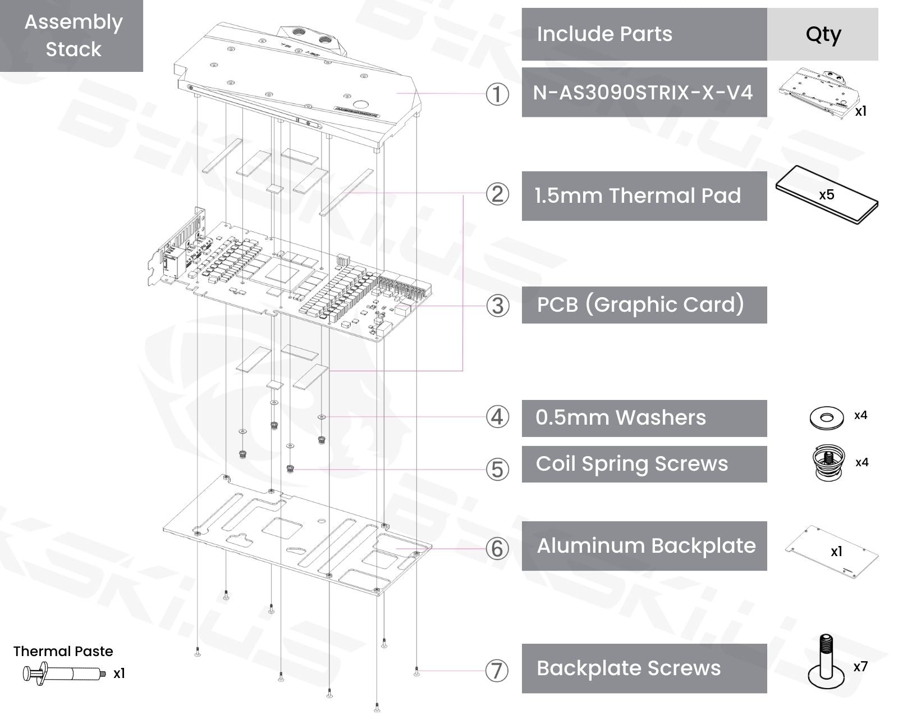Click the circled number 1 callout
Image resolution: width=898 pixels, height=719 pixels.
point(497,94)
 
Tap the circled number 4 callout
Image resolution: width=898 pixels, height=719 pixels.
point(497,417)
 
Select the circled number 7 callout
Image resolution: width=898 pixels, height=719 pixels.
point(497,670)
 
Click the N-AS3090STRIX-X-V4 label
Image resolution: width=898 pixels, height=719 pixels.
point(644,92)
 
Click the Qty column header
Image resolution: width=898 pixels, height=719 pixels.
point(823,34)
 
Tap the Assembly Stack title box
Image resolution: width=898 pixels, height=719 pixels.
point(73,36)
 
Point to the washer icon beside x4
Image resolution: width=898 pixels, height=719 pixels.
point(827,417)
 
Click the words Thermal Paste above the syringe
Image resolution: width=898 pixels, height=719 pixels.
point(63,651)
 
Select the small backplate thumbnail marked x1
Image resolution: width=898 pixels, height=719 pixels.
point(831,551)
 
